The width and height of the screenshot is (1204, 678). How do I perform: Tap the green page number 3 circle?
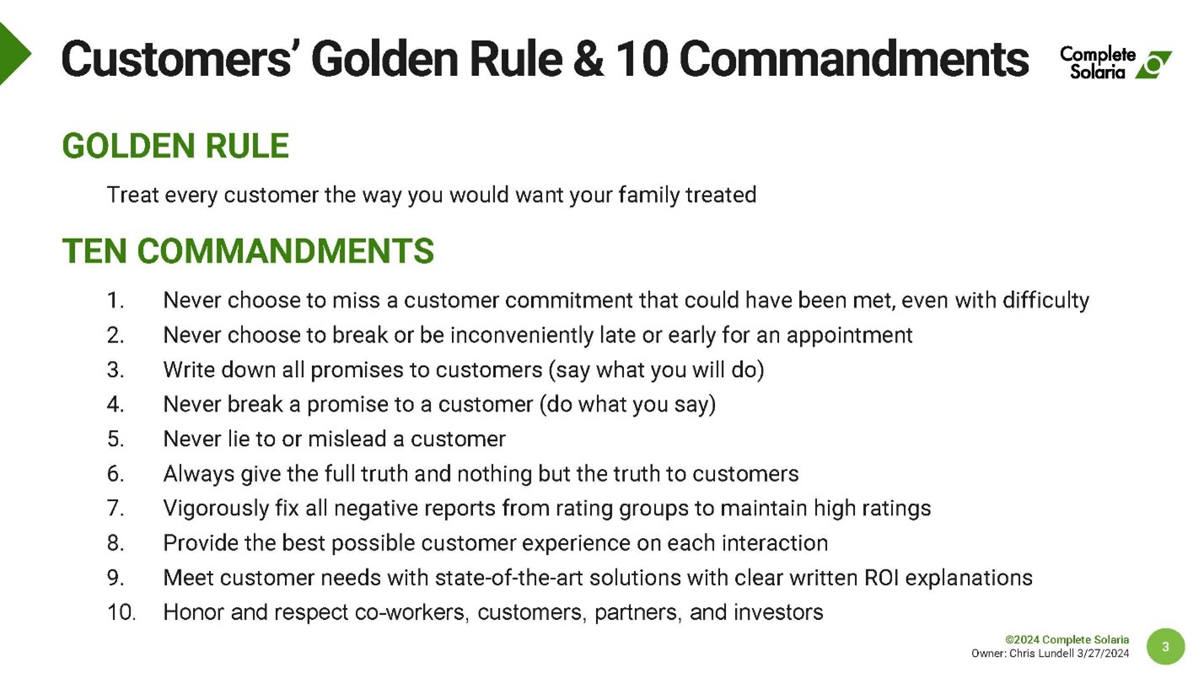pyautogui.click(x=1165, y=646)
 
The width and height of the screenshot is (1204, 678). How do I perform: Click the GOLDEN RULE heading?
pyautogui.click(x=175, y=146)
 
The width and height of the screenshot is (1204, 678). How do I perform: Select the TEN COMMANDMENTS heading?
pyautogui.click(x=249, y=251)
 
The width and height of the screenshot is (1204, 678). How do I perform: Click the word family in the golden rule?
pyautogui.click(x=648, y=195)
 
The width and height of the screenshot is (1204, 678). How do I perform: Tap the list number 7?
pyautogui.click(x=116, y=508)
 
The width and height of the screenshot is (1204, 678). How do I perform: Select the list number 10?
pyautogui.click(x=121, y=612)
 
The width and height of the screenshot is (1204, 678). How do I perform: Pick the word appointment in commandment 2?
pyautogui.click(x=849, y=336)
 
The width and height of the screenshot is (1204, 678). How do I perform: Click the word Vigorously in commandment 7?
pyautogui.click(x=216, y=508)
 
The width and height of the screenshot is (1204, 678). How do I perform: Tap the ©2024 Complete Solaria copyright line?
pyautogui.click(x=1067, y=640)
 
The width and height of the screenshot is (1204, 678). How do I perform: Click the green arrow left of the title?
pyautogui.click(x=13, y=54)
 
